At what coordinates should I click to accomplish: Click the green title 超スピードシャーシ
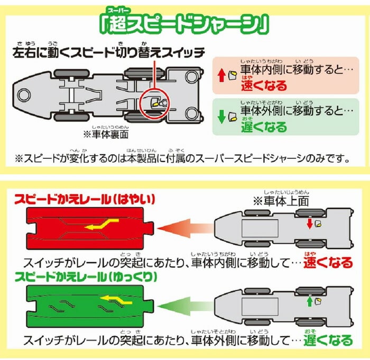coord(184,24)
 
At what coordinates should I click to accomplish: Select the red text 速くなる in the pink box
coord(264,85)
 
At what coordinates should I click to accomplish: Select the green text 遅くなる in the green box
coord(264,126)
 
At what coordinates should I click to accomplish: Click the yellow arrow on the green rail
coord(116,302)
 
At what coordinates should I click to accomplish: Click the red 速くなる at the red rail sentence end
coord(328,262)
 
